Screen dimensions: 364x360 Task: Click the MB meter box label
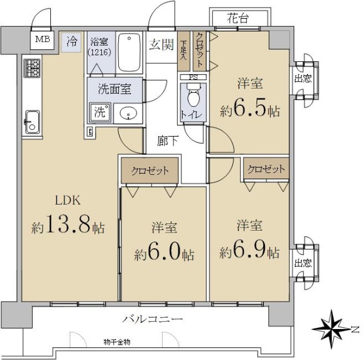pyautogui.click(x=42, y=39)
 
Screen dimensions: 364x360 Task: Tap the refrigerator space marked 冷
pyautogui.click(x=71, y=42)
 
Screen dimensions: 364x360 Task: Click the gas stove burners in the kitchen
pyautogui.click(x=32, y=68)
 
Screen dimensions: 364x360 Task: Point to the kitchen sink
pyautogui.click(x=32, y=122)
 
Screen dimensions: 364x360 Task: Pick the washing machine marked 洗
pyautogui.click(x=100, y=112)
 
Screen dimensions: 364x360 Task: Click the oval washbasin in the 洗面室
pyautogui.click(x=128, y=113)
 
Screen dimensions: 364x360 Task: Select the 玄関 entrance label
pyautogui.click(x=161, y=44)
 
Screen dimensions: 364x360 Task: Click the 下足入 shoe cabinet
pyautogui.click(x=184, y=51)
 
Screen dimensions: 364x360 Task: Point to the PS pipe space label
pyautogui.click(x=194, y=77)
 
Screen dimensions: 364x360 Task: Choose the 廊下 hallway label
pyautogui.click(x=167, y=141)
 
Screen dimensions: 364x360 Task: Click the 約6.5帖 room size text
pyautogui.click(x=250, y=109)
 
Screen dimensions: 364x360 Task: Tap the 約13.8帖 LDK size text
pyautogui.click(x=68, y=225)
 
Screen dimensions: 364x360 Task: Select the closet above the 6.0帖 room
pyautogui.click(x=150, y=171)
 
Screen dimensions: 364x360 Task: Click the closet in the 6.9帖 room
pyautogui.click(x=266, y=169)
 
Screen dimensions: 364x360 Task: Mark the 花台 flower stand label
pyautogui.click(x=238, y=18)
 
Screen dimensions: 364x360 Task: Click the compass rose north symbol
pyautogui.click(x=332, y=329)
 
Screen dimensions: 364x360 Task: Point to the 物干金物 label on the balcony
pyautogui.click(x=116, y=342)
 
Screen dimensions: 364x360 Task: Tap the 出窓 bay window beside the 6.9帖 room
pyautogui.click(x=304, y=263)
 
